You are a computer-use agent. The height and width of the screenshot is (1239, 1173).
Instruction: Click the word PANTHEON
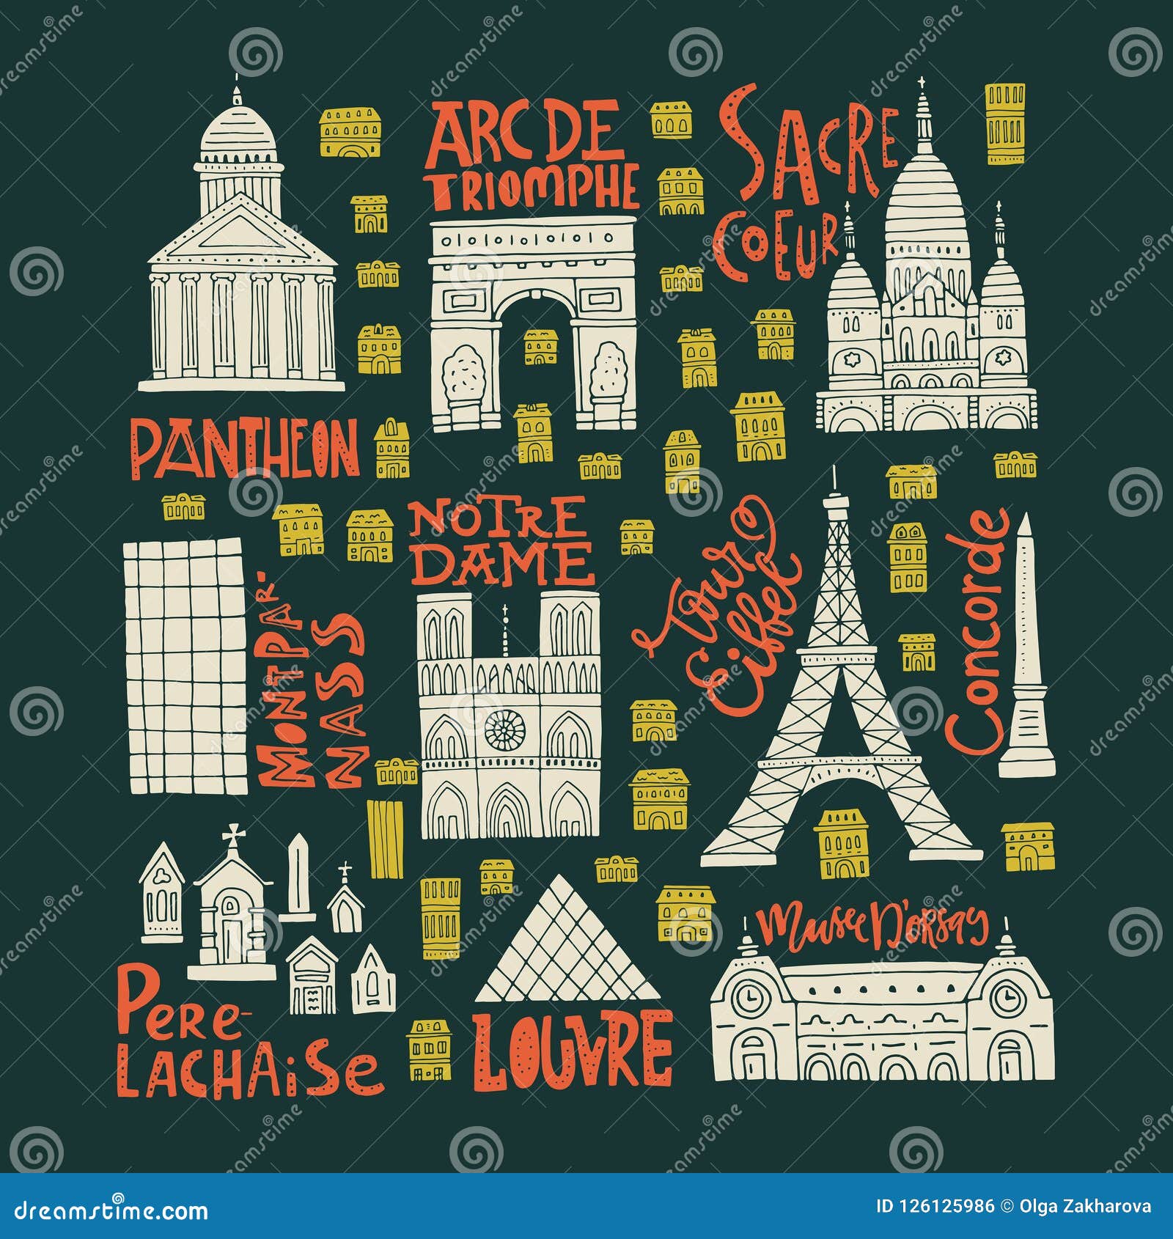pyautogui.click(x=245, y=448)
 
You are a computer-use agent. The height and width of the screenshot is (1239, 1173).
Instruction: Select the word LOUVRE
pyautogui.click(x=572, y=1049)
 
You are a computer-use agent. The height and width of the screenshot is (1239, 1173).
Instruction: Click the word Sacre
pyautogui.click(x=807, y=147)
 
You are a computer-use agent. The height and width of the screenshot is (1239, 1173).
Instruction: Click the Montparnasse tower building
pyautogui.click(x=185, y=667)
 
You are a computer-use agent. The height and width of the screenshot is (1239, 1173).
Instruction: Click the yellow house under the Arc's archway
pyautogui.click(x=541, y=347)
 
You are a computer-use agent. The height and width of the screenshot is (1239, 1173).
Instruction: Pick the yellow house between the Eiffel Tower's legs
pyautogui.click(x=841, y=843)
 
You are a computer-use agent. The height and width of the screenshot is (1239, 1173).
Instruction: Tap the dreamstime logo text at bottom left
pyautogui.click(x=110, y=1208)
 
